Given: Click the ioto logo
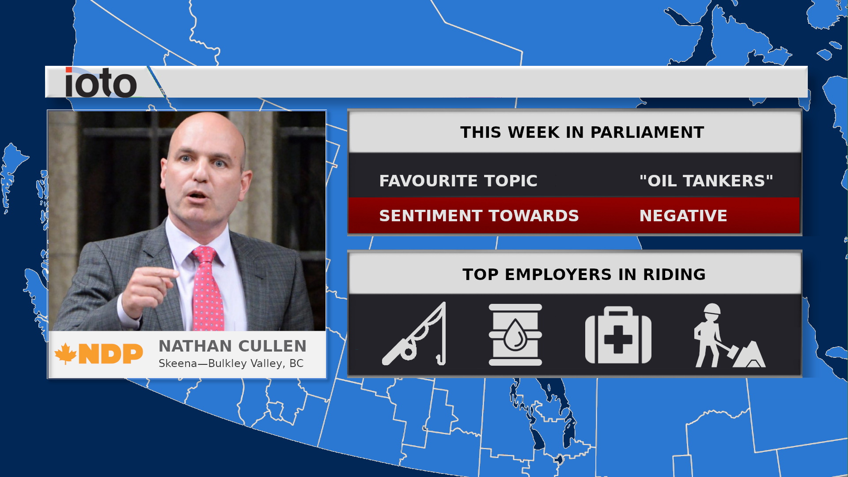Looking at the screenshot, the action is tap(101, 82).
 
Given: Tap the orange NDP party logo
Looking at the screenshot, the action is tap(99, 354).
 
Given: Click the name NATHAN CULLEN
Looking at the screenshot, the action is tap(232, 346).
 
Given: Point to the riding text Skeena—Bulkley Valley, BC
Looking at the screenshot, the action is tap(231, 363).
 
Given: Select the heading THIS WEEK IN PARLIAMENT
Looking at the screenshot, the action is tap(582, 132).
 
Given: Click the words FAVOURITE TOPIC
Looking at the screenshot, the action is tap(458, 181).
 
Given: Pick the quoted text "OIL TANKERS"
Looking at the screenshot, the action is tap(706, 181).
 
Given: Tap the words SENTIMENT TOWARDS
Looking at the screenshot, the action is tap(479, 216).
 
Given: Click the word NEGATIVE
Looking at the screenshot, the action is tap(683, 216).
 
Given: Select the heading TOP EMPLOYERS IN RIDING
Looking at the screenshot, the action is tap(584, 275).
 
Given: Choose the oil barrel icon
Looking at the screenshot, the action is tap(515, 335).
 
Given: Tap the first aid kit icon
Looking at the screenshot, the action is tap(618, 335).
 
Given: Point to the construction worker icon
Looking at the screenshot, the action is tap(729, 335).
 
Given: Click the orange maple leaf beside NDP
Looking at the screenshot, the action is tap(66, 353).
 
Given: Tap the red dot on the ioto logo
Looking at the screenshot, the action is tap(68, 70).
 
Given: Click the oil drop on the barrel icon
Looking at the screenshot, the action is tap(515, 335).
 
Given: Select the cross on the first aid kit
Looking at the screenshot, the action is tap(618, 339).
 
